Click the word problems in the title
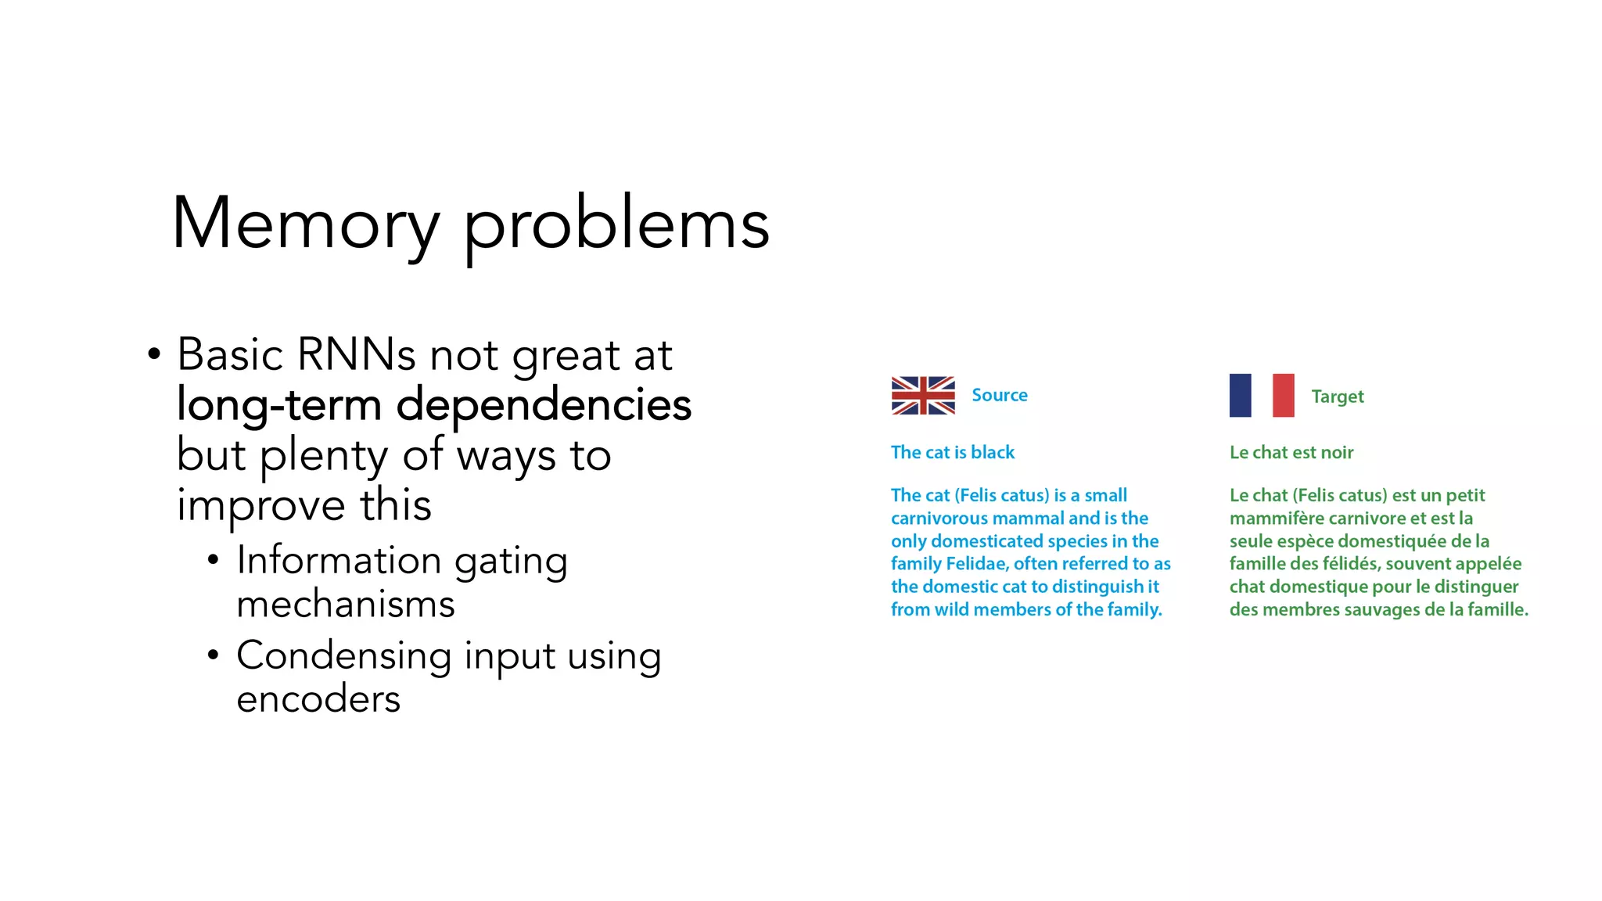coord(616,227)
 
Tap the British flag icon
coord(923,395)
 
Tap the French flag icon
coord(1261,395)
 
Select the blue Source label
coord(999,395)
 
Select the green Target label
coord(1337,397)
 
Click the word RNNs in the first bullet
coord(356,354)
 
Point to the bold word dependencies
coord(544,405)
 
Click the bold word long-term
coord(279,405)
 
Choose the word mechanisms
coord(345,605)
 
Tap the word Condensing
coord(343,655)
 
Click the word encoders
coord(318,698)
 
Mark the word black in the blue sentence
coord(992,452)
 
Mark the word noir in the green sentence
coord(1337,452)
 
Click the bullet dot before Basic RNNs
coord(154,354)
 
